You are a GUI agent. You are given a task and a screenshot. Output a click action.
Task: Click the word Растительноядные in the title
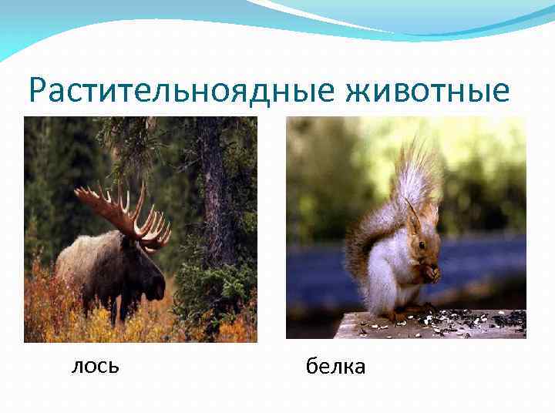tap(181, 91)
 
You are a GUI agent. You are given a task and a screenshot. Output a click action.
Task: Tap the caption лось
tap(95, 366)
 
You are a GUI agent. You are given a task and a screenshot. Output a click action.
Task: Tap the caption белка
tap(335, 367)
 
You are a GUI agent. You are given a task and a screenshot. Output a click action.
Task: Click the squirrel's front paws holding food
tap(429, 273)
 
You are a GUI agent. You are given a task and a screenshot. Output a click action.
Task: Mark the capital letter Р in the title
tap(39, 91)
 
